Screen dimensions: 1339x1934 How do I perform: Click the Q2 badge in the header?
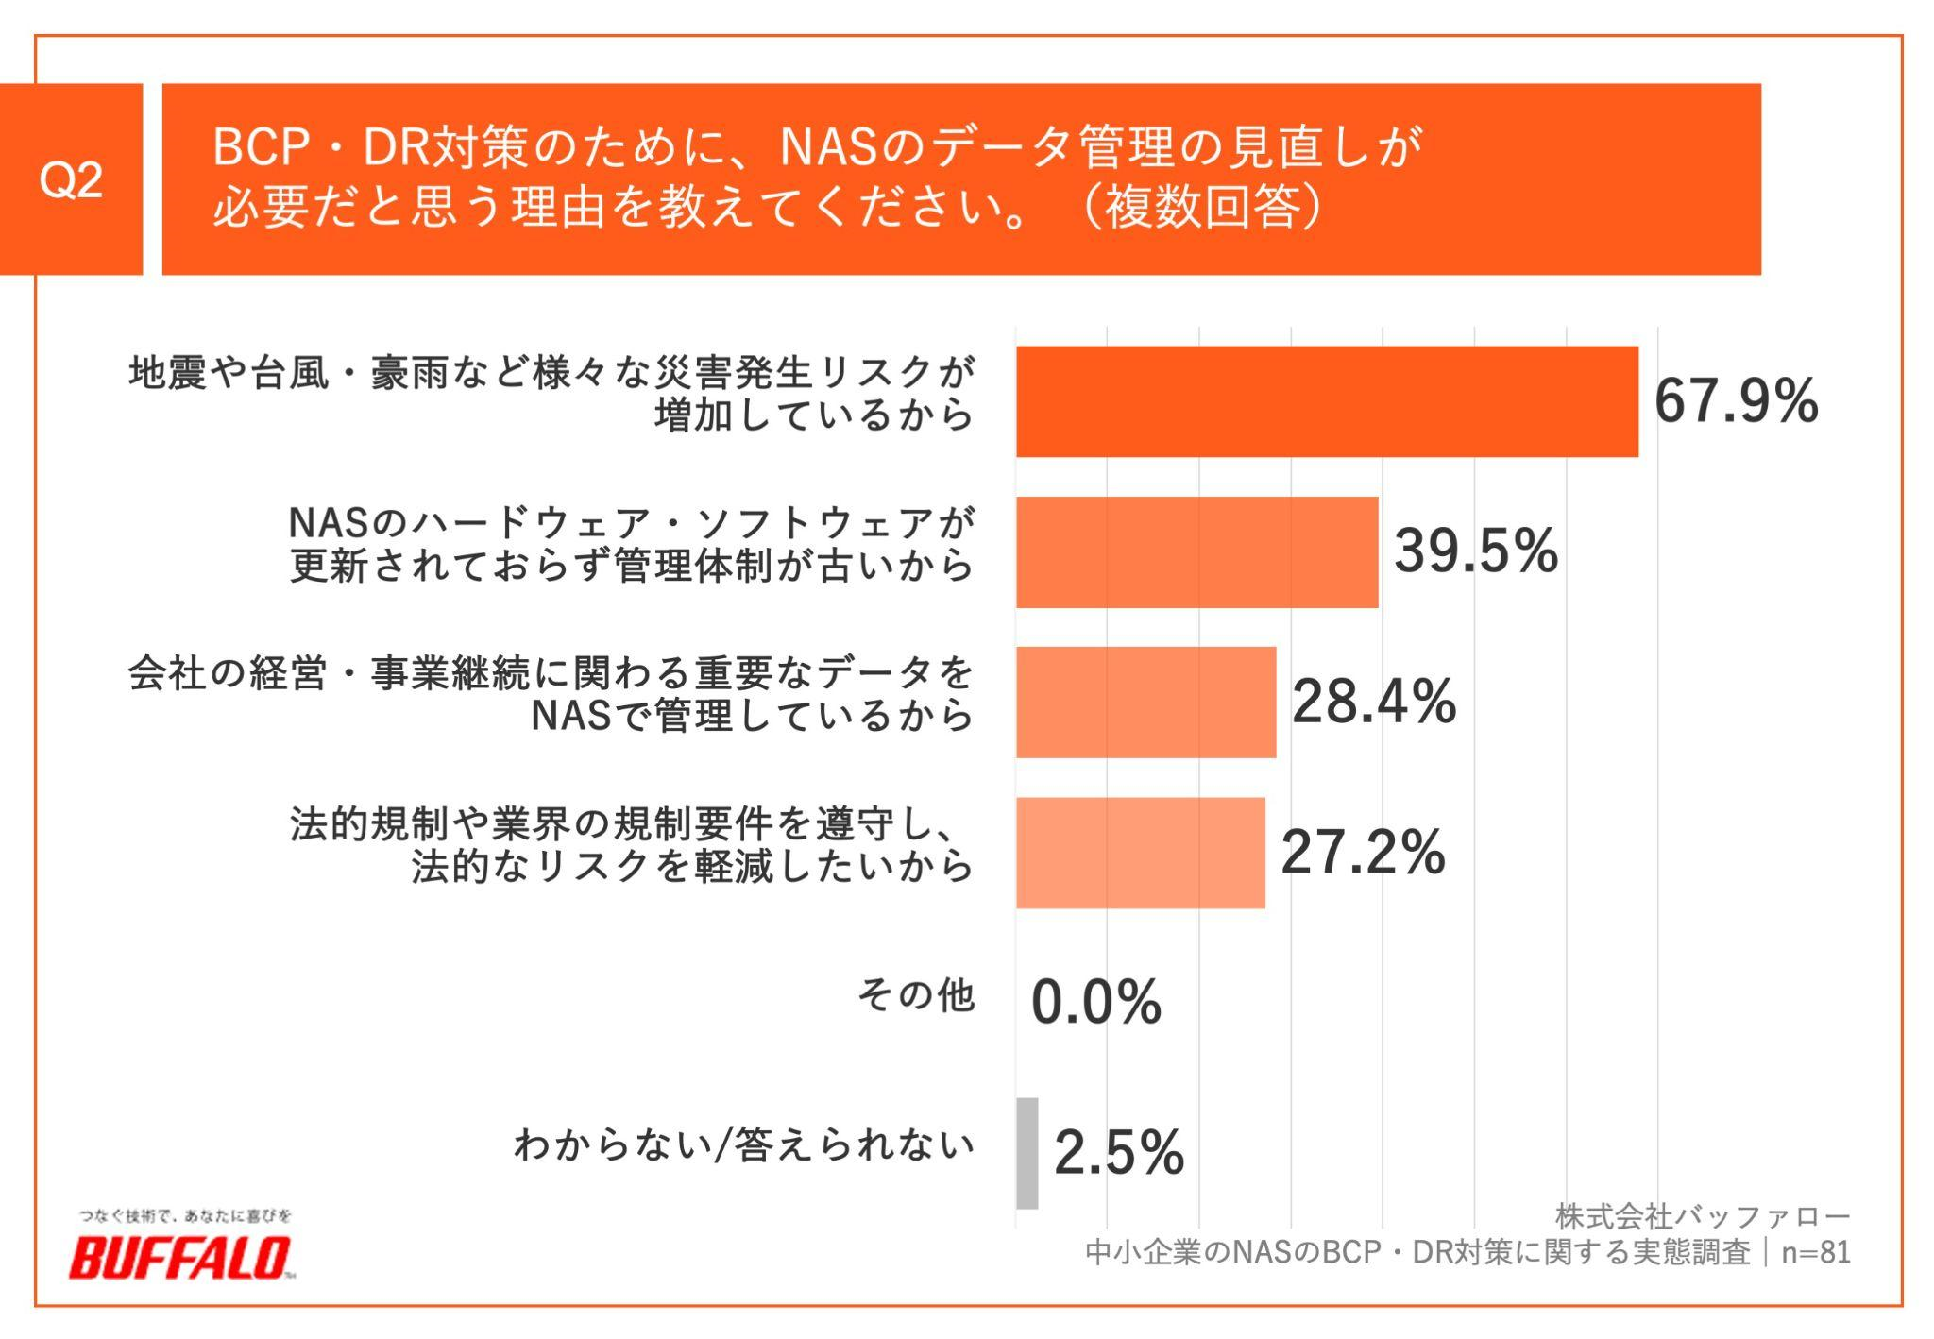click(x=71, y=179)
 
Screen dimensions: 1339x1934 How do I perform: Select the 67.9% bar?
click(x=1327, y=401)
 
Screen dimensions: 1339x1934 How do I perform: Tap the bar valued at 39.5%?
click(x=1196, y=552)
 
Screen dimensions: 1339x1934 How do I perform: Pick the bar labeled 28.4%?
click(x=1145, y=703)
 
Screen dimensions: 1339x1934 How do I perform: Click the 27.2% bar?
click(x=1140, y=853)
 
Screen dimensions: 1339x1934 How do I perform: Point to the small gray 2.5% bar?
click(x=1026, y=1153)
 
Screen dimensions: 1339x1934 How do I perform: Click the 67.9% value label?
click(x=1736, y=401)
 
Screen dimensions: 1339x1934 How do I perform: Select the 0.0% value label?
click(x=1095, y=1002)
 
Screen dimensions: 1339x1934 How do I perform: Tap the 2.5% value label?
click(x=1118, y=1153)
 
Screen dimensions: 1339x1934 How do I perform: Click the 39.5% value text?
click(x=1475, y=551)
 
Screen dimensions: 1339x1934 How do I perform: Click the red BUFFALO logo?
click(x=179, y=1258)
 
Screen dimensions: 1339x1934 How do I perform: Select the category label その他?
click(x=915, y=995)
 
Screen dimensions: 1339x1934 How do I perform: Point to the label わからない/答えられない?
click(x=743, y=1144)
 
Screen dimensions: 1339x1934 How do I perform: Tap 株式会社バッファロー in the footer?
click(x=1703, y=1216)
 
